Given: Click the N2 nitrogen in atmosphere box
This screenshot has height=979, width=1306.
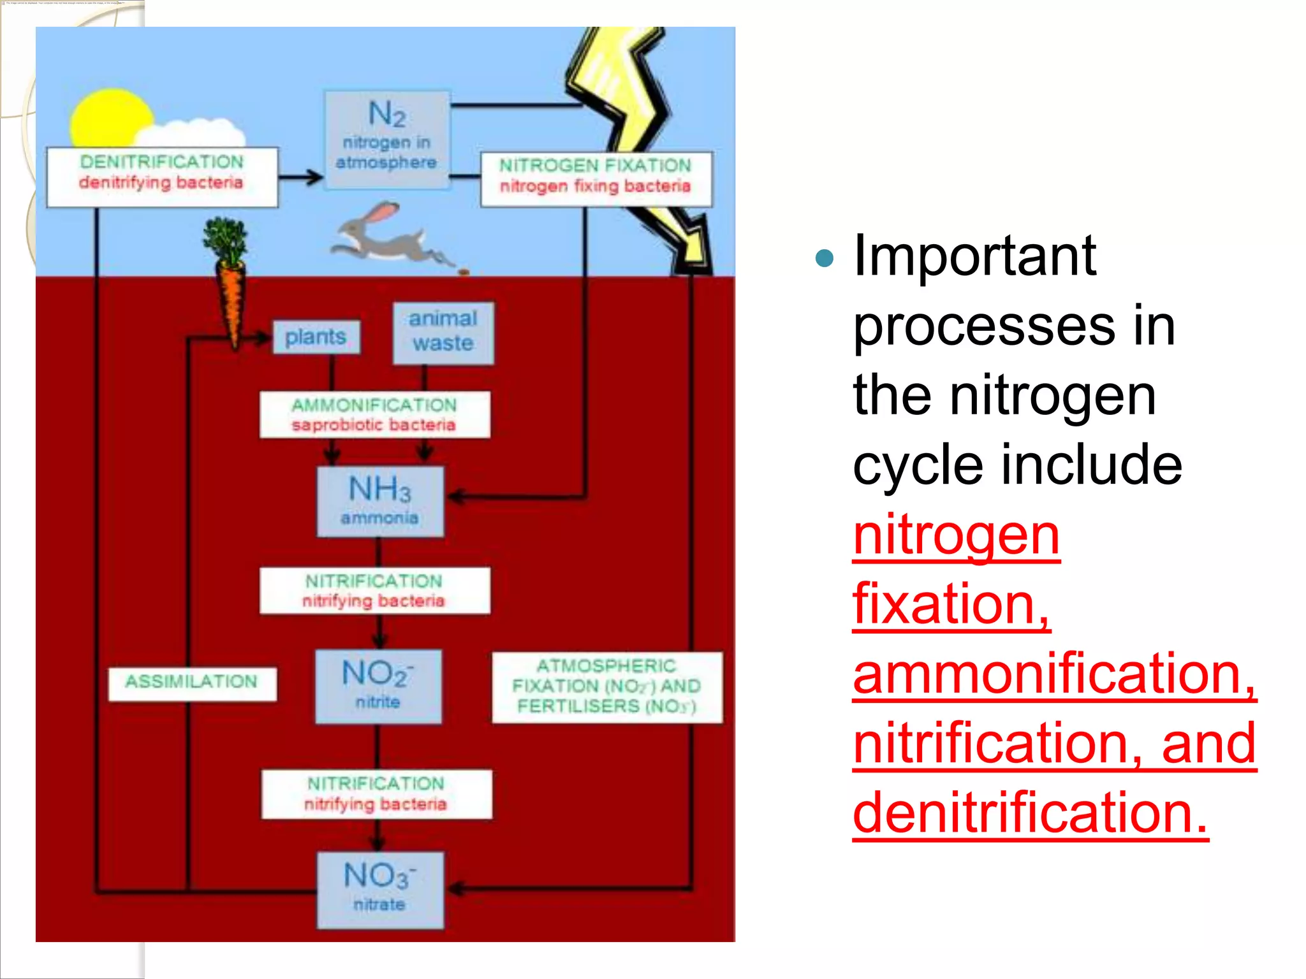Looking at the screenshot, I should point(386,140).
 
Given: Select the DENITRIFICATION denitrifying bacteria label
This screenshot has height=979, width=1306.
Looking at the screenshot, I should point(162,177).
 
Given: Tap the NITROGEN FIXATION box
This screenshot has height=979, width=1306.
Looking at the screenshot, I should point(596,179).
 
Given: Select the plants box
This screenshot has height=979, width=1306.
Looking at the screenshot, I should point(316,337).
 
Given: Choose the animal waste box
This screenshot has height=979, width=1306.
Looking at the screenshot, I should point(443,332).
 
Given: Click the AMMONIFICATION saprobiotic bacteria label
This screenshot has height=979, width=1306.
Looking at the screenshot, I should point(374,414).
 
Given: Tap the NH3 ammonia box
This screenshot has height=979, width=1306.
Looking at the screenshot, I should point(380,501).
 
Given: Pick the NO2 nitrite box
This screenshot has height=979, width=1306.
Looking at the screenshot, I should point(378,686).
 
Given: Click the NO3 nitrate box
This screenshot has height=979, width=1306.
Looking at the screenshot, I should point(380,889).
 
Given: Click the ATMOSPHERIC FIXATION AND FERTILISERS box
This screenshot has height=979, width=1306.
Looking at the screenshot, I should point(606,686).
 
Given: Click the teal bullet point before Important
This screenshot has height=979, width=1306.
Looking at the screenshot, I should point(825,257).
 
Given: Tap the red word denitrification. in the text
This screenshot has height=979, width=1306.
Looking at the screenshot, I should point(1030,813).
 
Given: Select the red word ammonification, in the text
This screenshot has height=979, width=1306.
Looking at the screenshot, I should point(1054,674).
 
